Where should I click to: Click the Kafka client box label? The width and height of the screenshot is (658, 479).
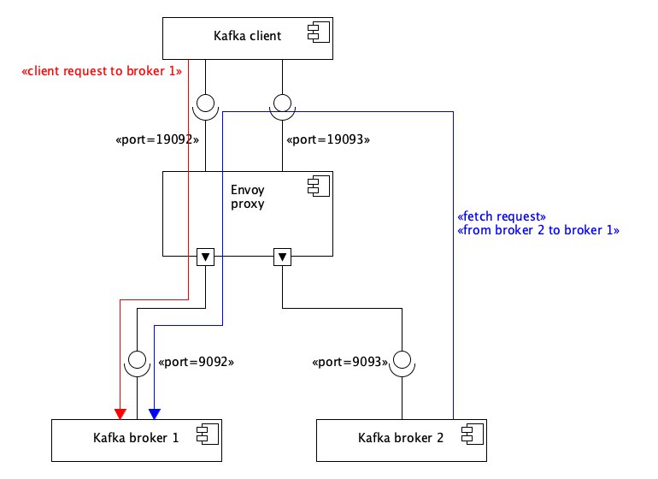pyautogui.click(x=247, y=36)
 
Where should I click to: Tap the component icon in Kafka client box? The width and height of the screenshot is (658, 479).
pyautogui.click(x=319, y=33)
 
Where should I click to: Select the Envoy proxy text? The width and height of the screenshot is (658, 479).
pyautogui.click(x=248, y=197)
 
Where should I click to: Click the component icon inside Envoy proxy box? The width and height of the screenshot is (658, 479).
pyautogui.click(x=319, y=186)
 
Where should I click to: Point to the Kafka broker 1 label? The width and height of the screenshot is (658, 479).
pyautogui.click(x=136, y=438)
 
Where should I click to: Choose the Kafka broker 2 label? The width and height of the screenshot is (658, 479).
pyautogui.click(x=401, y=438)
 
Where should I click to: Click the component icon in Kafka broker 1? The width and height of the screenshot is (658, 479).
pyautogui.click(x=208, y=435)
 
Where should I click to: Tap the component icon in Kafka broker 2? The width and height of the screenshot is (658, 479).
pyautogui.click(x=472, y=435)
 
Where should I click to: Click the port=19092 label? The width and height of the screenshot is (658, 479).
pyautogui.click(x=157, y=139)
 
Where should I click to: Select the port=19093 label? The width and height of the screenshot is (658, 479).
pyautogui.click(x=328, y=139)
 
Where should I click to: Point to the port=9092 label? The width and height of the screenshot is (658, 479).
pyautogui.click(x=196, y=362)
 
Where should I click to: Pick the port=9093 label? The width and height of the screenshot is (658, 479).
pyautogui.click(x=350, y=362)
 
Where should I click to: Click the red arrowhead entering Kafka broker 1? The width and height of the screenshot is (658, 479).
pyautogui.click(x=120, y=414)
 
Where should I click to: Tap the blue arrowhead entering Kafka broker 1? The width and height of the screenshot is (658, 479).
pyautogui.click(x=155, y=414)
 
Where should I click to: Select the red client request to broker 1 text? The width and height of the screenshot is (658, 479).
pyautogui.click(x=102, y=71)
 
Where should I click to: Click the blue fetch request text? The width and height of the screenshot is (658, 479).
pyautogui.click(x=502, y=216)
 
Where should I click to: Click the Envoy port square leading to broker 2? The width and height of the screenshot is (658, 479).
pyautogui.click(x=282, y=257)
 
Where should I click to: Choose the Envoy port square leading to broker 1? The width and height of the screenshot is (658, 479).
pyautogui.click(x=206, y=257)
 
